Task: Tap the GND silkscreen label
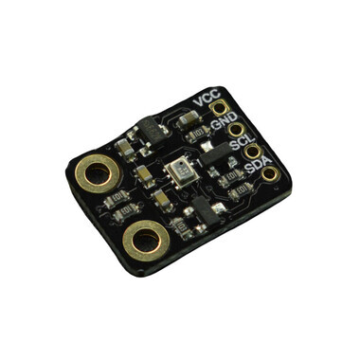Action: (x=224, y=120)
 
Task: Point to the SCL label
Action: (x=243, y=141)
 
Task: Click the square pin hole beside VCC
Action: (x=219, y=107)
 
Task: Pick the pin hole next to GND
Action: (x=236, y=129)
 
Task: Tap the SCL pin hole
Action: (x=252, y=152)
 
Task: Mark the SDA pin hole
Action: (x=269, y=173)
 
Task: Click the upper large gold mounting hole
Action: (x=98, y=174)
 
